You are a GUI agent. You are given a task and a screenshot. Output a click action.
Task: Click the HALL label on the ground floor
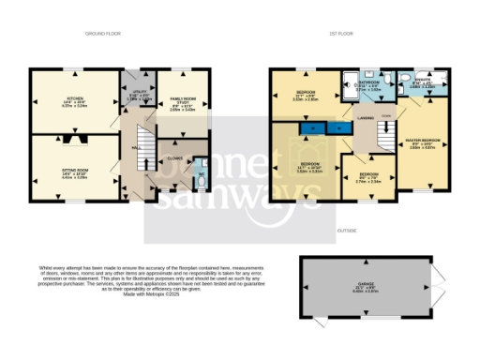pos(136,148)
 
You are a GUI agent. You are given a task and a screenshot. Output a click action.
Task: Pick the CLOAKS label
pos(174,157)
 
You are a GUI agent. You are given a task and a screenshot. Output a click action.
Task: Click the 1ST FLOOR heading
pos(338,34)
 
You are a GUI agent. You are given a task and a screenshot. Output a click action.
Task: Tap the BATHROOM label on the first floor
pos(370,82)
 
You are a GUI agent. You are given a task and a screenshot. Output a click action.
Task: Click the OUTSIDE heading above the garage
pos(349,229)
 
